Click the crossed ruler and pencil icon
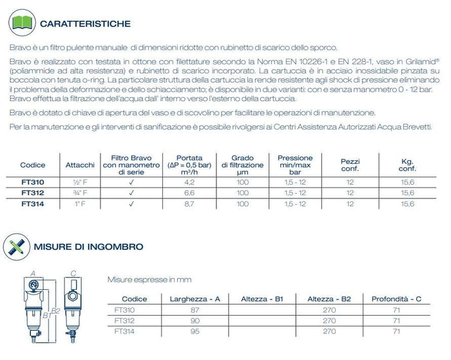pyautogui.click(x=17, y=246)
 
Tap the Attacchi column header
pyautogui.click(x=80, y=165)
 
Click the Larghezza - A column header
pyautogui.click(x=195, y=299)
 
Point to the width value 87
pyautogui.click(x=195, y=310)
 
